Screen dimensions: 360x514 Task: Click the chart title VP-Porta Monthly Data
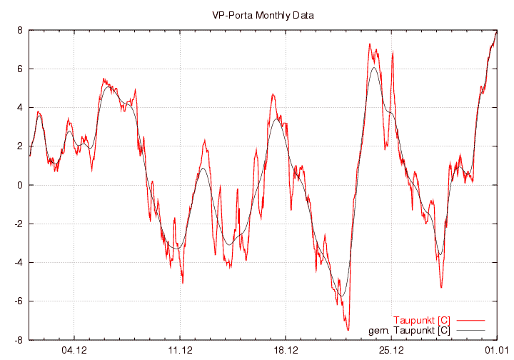click(263, 15)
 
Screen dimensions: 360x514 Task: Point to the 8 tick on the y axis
click(21, 30)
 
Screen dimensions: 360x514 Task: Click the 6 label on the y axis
click(21, 69)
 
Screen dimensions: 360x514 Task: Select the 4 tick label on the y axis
click(21, 108)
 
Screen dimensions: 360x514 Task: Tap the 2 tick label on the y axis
click(21, 146)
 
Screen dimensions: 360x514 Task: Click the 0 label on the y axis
click(21, 185)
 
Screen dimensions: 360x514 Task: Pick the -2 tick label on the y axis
click(19, 224)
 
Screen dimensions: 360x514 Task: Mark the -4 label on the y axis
click(19, 263)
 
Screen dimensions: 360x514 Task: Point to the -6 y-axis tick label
click(19, 301)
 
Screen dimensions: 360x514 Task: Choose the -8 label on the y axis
click(19, 340)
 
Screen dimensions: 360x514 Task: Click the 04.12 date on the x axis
click(74, 350)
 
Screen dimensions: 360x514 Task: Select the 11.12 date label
click(180, 350)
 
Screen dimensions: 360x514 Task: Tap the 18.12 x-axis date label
click(286, 350)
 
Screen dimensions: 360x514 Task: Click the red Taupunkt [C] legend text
click(421, 320)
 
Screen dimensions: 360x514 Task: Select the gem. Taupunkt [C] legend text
click(409, 330)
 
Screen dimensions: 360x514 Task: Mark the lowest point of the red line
click(348, 330)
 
